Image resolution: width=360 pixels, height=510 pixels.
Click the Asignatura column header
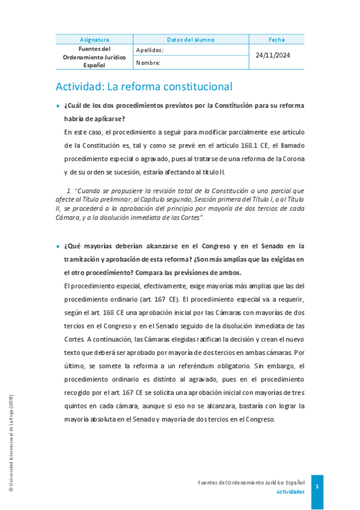tap(94, 40)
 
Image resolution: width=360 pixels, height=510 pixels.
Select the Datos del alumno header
tap(191, 40)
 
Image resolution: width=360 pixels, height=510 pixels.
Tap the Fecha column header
tap(276, 40)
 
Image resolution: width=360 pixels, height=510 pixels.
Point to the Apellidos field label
tap(150, 51)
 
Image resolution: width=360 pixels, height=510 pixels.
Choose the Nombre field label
tap(148, 63)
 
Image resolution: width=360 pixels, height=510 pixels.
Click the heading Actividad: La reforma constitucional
tap(144, 86)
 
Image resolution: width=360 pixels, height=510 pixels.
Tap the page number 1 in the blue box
tap(317, 486)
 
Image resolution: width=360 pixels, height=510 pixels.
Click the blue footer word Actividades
tap(290, 491)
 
